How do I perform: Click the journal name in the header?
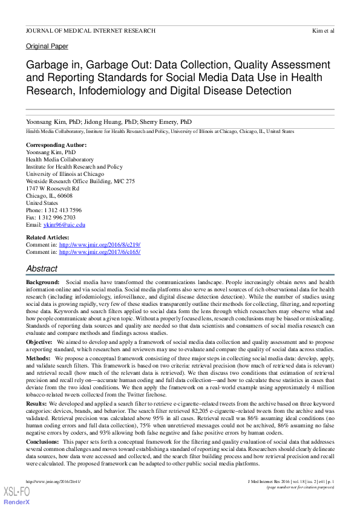pos(90,30)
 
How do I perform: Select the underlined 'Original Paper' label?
pos(47,46)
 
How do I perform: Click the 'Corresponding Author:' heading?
pos(56,145)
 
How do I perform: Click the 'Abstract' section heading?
pos(42,268)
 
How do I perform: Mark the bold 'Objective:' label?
pos(39,342)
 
